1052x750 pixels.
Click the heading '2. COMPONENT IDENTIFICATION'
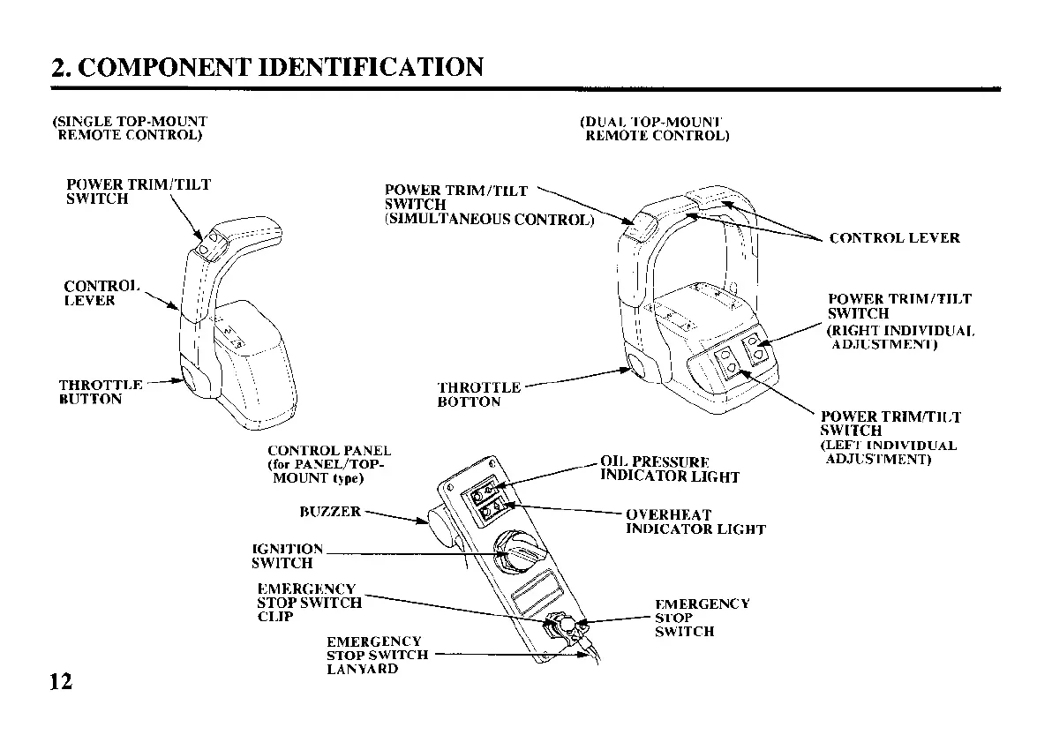point(267,66)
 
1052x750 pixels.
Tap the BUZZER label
point(330,512)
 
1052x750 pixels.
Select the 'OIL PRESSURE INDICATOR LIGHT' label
point(669,469)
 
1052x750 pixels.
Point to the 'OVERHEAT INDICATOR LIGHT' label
point(695,521)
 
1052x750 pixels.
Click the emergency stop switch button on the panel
point(567,627)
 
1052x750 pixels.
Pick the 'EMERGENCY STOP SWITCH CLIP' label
point(309,603)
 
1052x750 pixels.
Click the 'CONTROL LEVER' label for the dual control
point(894,238)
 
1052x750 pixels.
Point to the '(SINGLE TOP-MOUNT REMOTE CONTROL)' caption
point(130,128)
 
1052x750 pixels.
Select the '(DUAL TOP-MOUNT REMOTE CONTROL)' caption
point(654,129)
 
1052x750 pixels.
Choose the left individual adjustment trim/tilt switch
point(727,361)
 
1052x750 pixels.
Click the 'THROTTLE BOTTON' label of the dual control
point(478,394)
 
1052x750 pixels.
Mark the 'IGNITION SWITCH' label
point(287,556)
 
